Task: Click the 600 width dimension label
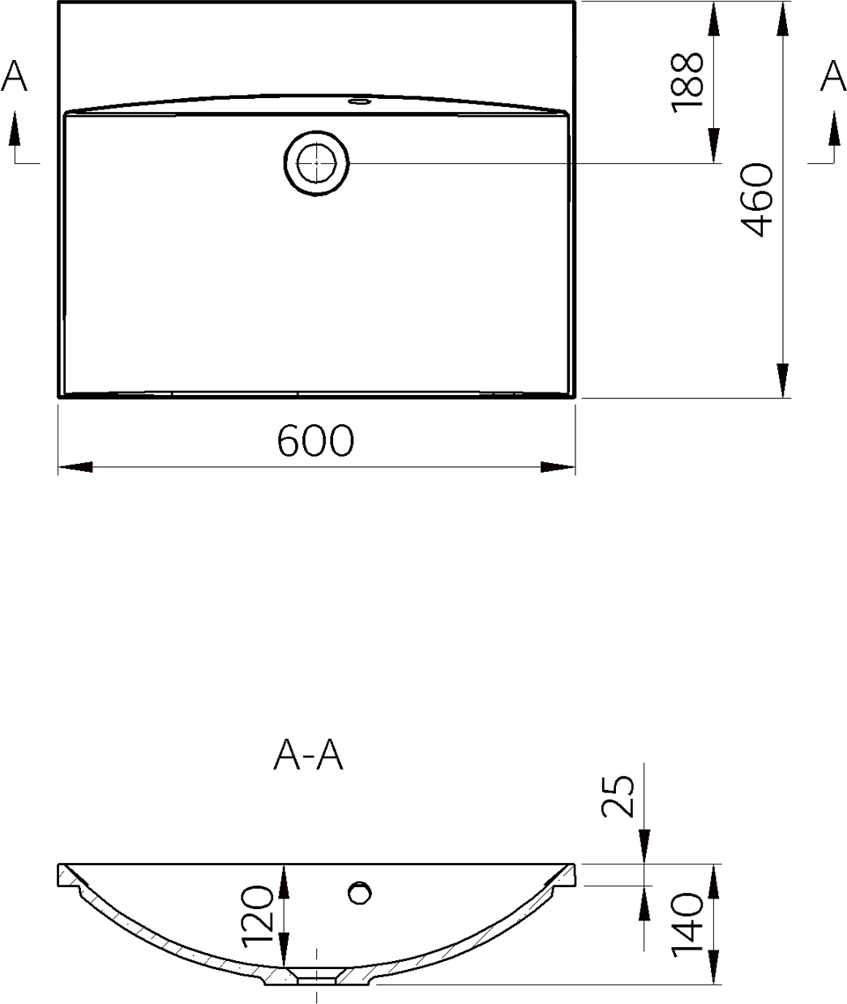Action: point(316,440)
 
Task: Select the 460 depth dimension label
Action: point(757,200)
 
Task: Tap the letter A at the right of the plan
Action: point(832,75)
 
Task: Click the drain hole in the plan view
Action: point(316,164)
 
